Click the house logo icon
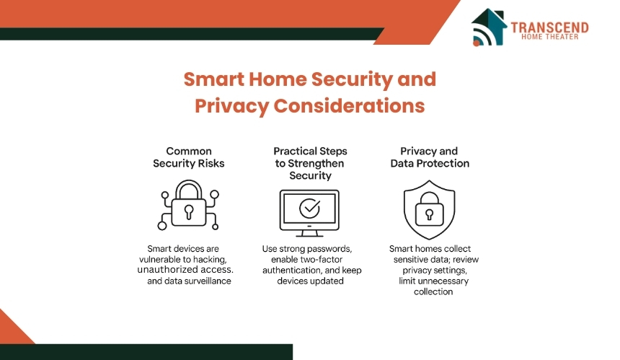[489, 27]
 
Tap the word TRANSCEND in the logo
[549, 27]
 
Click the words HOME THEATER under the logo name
[549, 37]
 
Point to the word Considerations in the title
[349, 105]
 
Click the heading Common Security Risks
[189, 157]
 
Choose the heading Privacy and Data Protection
[430, 157]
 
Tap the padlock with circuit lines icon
[188, 205]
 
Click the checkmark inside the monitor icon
[309, 208]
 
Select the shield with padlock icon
[430, 210]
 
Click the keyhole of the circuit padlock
[189, 211]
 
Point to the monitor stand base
[309, 234]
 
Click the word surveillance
[209, 281]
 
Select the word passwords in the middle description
[332, 249]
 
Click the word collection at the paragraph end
[433, 291]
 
